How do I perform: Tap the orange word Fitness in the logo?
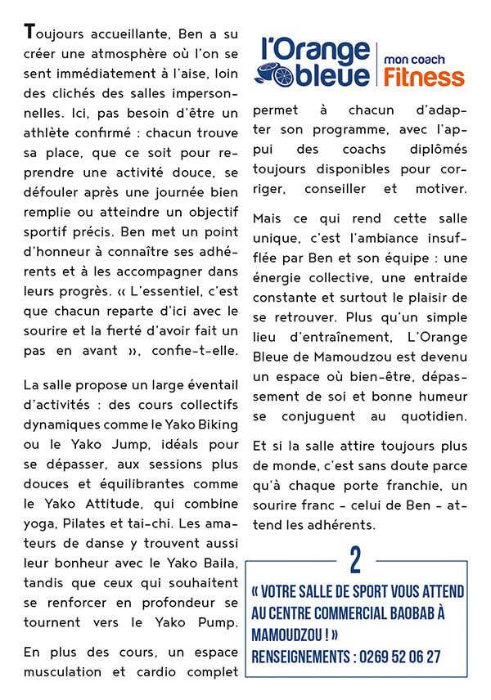pyautogui.click(x=423, y=77)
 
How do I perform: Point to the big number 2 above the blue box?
pyautogui.click(x=355, y=560)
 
